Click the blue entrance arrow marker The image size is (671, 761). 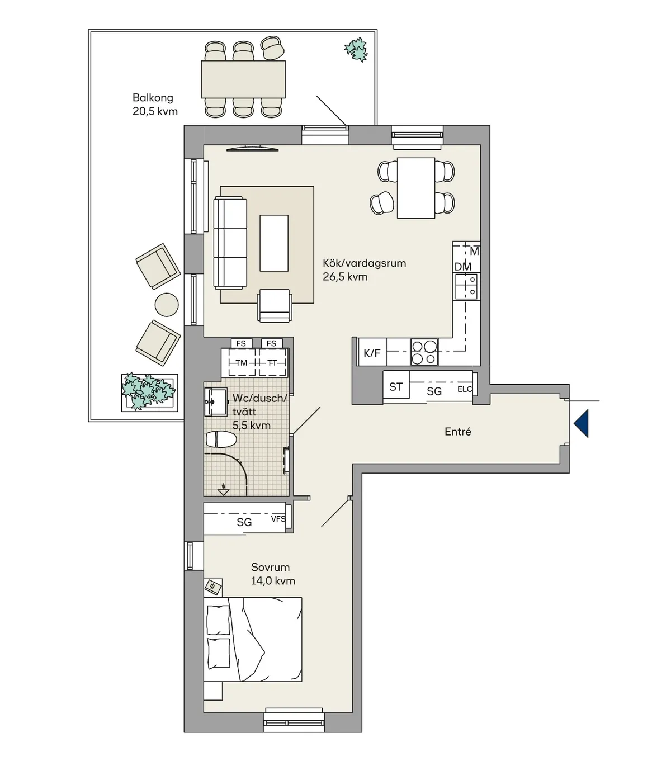click(582, 423)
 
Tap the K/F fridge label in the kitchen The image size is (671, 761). click(372, 353)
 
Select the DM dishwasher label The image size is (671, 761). click(463, 267)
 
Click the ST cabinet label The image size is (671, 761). click(396, 387)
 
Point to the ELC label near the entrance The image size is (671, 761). click(465, 389)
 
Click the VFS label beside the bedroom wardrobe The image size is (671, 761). click(278, 519)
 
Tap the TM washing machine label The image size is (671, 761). click(241, 363)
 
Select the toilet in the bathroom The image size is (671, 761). click(221, 439)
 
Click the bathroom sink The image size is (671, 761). click(216, 402)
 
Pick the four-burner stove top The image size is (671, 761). click(424, 352)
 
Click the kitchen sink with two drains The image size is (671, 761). click(466, 287)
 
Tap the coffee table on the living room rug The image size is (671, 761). click(274, 243)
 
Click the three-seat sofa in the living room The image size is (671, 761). click(230, 243)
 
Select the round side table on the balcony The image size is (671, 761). click(167, 305)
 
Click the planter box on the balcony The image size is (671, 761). click(149, 393)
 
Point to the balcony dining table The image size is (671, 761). click(243, 79)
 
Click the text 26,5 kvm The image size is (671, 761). click(345, 277)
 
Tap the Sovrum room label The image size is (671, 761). click(270, 567)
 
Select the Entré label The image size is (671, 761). click(457, 432)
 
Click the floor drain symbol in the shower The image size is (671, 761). click(224, 489)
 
